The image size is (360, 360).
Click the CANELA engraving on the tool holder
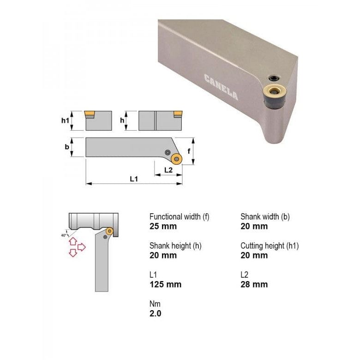(x=221, y=87)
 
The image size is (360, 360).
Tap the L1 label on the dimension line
(x=133, y=179)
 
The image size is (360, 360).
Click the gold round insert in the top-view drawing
(x=176, y=159)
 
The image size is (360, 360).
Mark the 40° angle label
(x=64, y=235)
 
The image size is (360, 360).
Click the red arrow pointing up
(x=73, y=241)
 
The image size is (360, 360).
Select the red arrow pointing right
(x=82, y=247)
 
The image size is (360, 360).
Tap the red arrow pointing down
(x=73, y=252)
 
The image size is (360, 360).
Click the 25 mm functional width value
(x=163, y=226)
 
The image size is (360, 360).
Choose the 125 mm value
(x=165, y=284)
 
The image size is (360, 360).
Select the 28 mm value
(x=254, y=284)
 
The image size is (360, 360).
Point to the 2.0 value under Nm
(x=156, y=313)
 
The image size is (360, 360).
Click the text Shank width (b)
(x=265, y=216)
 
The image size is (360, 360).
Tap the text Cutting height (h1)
(x=269, y=246)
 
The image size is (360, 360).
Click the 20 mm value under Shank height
(x=163, y=255)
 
